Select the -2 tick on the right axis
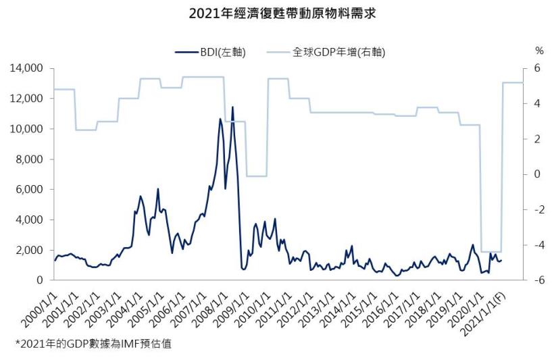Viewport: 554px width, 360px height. [537, 209]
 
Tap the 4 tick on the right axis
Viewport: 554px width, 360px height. [538, 103]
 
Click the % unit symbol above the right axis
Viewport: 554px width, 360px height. [538, 51]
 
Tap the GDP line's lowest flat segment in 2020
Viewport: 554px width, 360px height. [491, 251]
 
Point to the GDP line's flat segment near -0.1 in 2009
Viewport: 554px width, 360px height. [257, 176]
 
